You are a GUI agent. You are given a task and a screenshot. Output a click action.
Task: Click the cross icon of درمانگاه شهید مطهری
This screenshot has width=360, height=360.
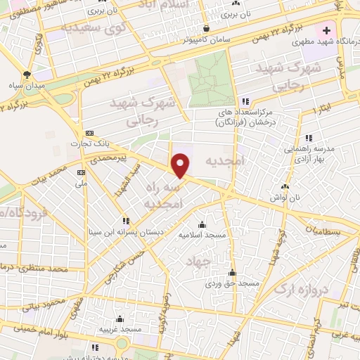pos(326,31)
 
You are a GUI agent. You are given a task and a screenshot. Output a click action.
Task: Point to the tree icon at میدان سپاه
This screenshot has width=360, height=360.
pos(27,74)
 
